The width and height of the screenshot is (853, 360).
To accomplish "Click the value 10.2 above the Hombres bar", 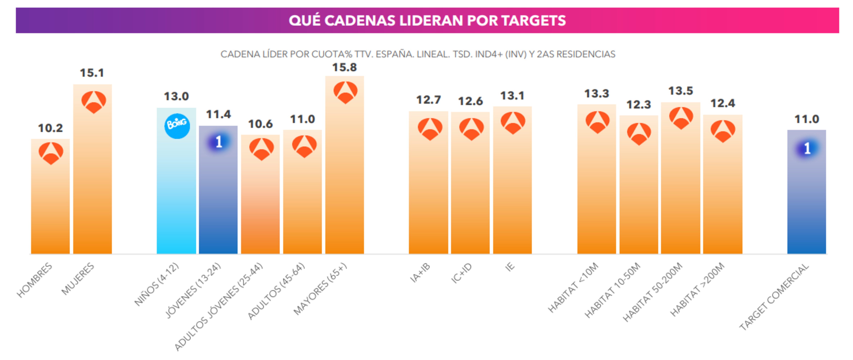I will pyautogui.click(x=50, y=128).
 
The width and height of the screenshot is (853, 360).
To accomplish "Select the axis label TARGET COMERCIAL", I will pyautogui.click(x=774, y=297).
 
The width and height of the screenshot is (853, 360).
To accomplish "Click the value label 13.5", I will pyautogui.click(x=680, y=91).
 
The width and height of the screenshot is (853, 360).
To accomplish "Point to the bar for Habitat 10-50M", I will pyautogui.click(x=639, y=199).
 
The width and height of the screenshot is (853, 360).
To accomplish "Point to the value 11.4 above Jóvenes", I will pyautogui.click(x=218, y=115).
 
